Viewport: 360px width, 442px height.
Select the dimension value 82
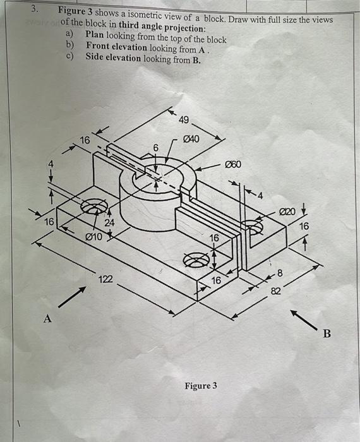276,290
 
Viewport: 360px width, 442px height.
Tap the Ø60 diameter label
234,165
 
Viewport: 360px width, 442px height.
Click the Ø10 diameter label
93,237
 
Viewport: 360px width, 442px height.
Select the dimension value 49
184,120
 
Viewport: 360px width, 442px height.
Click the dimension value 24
109,223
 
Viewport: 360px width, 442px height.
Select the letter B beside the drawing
327,334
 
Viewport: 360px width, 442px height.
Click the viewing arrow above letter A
74,295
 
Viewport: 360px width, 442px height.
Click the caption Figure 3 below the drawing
200,385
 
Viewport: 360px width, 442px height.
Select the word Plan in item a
95,39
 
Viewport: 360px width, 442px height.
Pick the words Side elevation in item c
114,59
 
